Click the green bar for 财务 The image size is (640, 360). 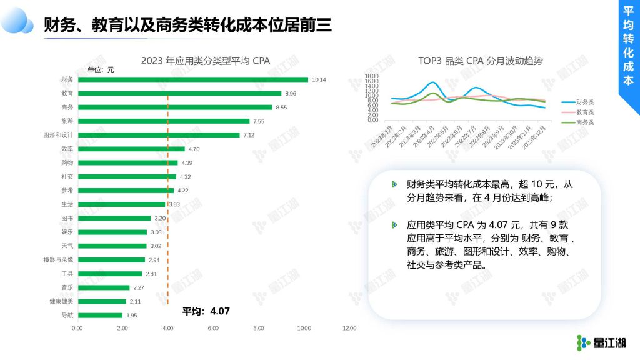pyautogui.click(x=192, y=79)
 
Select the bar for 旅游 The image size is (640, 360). pyautogui.click(x=163, y=121)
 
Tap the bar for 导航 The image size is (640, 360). pyautogui.click(x=100, y=316)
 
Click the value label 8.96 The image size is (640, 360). pyautogui.click(x=291, y=94)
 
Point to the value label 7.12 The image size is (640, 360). pyautogui.click(x=249, y=135)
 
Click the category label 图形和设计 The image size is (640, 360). pyautogui.click(x=59, y=135)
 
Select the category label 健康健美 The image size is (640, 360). pyautogui.click(x=62, y=301)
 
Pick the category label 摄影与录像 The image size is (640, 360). pyautogui.click(x=59, y=259)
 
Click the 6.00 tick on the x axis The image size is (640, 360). pyautogui.click(x=213, y=329)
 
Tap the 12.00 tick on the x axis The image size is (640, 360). pyautogui.click(x=349, y=329)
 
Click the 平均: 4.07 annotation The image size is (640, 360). pyautogui.click(x=206, y=311)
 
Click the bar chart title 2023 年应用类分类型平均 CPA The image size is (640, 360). pyautogui.click(x=205, y=61)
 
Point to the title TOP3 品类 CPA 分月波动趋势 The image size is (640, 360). pyautogui.click(x=480, y=61)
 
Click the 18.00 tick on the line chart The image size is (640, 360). pyautogui.click(x=372, y=76)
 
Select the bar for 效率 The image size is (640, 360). pyautogui.click(x=131, y=149)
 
